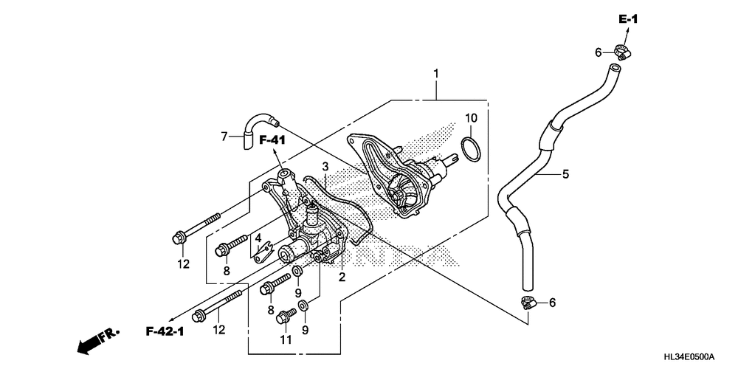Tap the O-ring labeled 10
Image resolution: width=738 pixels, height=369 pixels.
pyautogui.click(x=471, y=149)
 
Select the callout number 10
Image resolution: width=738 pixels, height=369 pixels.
pyautogui.click(x=471, y=118)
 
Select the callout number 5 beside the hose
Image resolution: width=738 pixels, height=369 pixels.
pyautogui.click(x=565, y=175)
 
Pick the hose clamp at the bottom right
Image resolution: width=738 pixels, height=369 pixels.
pyautogui.click(x=527, y=301)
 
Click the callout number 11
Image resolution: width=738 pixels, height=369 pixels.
pyautogui.click(x=286, y=340)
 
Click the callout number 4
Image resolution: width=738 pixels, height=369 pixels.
pyautogui.click(x=258, y=238)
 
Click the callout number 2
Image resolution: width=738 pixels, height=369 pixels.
pyautogui.click(x=342, y=277)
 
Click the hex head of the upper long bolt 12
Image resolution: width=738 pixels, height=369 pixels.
pyautogui.click(x=178, y=238)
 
